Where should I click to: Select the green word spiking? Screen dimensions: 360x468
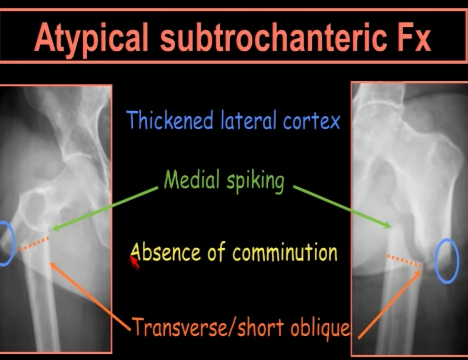tap(255, 181)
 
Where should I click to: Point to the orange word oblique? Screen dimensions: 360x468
tap(320, 328)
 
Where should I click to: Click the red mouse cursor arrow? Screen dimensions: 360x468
tap(134, 262)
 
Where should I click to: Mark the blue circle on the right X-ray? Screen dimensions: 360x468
tap(447, 261)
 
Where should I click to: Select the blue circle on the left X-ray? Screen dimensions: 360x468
tap(5, 243)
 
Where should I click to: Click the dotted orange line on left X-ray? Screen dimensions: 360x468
tap(34, 244)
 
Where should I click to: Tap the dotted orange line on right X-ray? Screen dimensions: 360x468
tap(404, 261)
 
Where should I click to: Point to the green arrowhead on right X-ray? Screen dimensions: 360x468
tap(388, 225)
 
